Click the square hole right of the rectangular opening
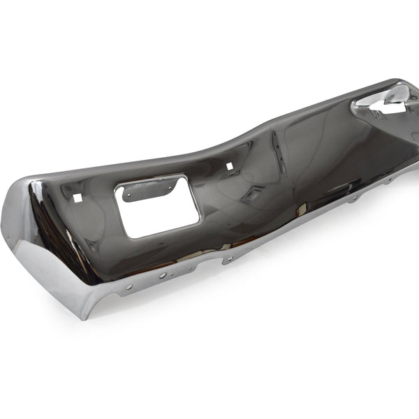click(229, 166)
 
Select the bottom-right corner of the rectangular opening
click(200, 223)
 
